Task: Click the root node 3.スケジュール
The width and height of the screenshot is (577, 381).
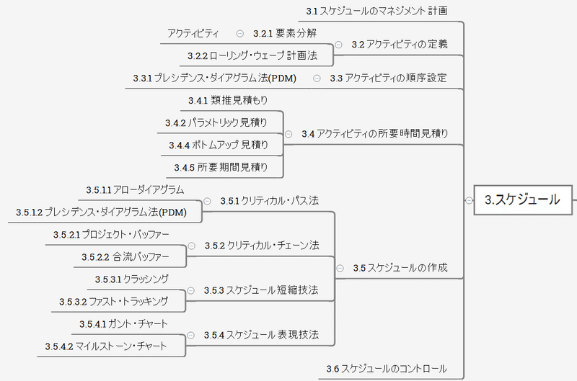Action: point(521,200)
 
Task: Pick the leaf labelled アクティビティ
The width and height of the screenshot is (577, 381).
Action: point(193,33)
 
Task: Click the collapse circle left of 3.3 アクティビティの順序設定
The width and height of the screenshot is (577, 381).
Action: point(317,78)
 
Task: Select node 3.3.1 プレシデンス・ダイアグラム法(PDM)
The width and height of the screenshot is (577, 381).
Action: point(216,78)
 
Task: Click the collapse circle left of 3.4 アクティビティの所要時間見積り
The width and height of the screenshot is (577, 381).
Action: point(288,133)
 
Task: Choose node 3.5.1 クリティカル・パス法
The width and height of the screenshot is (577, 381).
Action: point(269,200)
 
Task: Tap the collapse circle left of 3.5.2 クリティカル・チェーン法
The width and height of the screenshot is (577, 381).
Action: point(192,246)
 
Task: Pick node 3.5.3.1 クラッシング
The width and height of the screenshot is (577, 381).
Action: point(132,279)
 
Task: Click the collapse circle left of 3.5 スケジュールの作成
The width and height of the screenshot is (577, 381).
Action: point(340,268)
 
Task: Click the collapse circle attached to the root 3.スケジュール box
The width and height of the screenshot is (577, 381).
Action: point(468,200)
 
